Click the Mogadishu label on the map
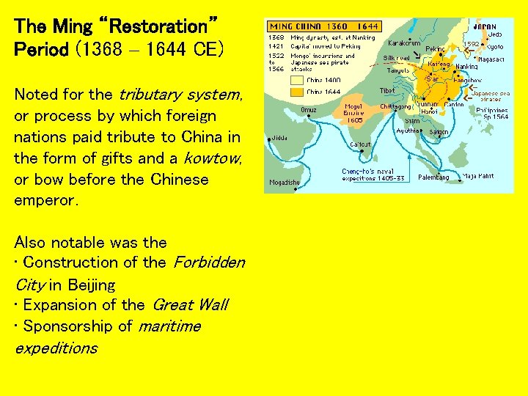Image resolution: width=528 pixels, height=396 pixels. click(x=284, y=183)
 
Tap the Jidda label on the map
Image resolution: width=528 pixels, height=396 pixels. click(x=279, y=137)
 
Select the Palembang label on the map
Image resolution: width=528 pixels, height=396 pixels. click(x=433, y=177)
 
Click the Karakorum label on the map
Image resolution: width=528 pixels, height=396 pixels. click(x=405, y=43)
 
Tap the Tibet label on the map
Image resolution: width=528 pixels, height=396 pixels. click(x=387, y=90)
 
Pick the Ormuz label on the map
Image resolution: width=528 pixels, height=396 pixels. click(x=309, y=109)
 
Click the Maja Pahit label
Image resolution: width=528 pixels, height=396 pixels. click(x=479, y=176)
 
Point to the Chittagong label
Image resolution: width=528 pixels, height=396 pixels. click(x=396, y=107)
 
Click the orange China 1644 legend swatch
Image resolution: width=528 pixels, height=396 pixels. click(x=297, y=92)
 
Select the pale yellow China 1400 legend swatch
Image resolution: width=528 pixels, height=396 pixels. click(x=297, y=79)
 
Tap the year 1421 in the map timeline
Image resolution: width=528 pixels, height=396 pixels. click(x=276, y=45)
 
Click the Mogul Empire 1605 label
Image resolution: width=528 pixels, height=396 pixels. click(x=353, y=113)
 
